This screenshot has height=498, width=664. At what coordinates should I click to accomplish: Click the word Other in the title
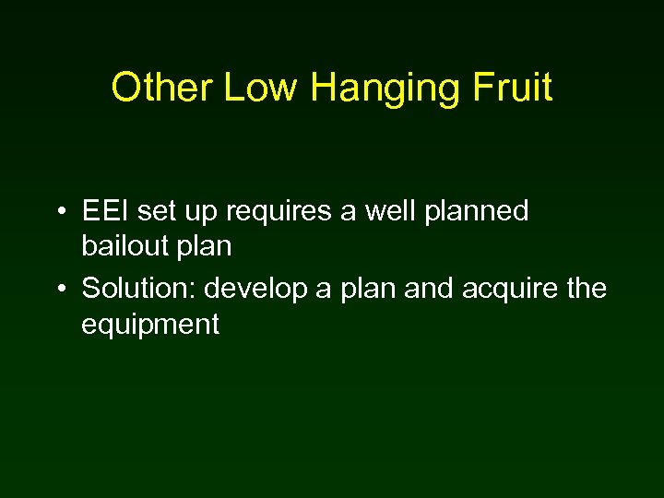click(162, 89)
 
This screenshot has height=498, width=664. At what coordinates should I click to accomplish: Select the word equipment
click(150, 326)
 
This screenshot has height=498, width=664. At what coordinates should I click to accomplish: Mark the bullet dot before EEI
click(58, 212)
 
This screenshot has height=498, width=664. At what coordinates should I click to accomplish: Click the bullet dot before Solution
click(58, 290)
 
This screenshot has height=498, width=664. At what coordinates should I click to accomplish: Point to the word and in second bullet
click(430, 289)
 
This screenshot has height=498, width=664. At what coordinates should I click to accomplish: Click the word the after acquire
click(587, 289)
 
